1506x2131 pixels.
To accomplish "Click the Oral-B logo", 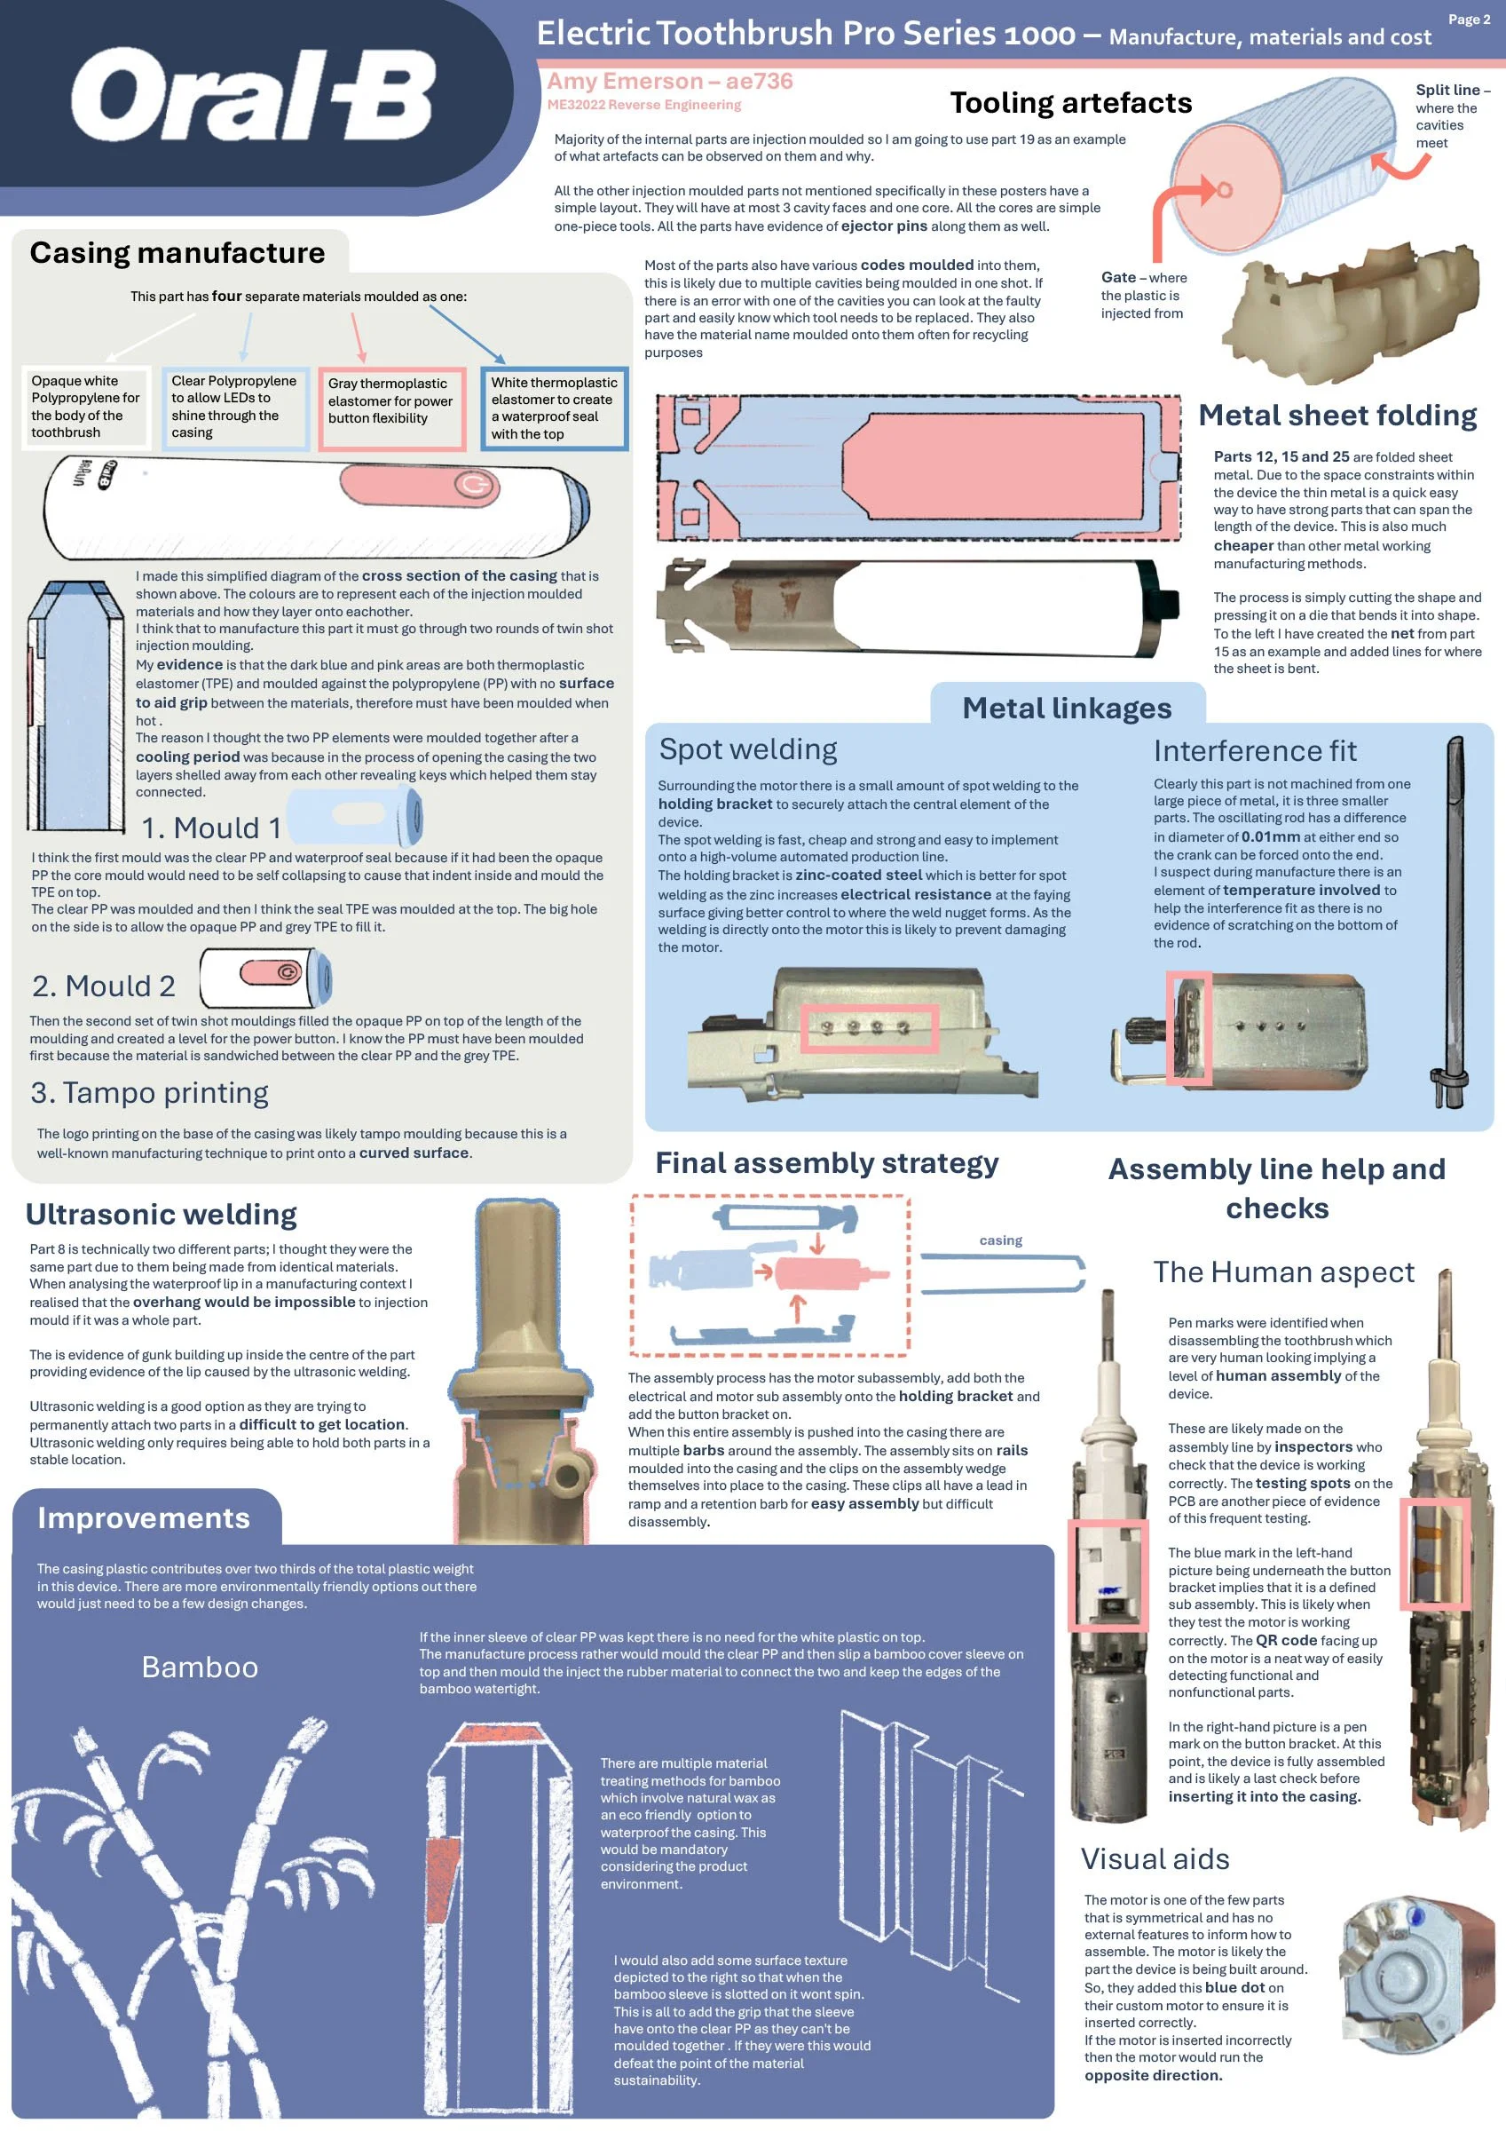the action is click(x=252, y=95).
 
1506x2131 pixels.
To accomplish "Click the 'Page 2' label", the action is click(x=1469, y=20).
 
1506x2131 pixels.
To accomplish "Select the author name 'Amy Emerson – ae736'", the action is click(x=670, y=81).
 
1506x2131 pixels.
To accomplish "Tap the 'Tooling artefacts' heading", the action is click(x=1071, y=102).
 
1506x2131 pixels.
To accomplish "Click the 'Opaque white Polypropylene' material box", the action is click(x=85, y=407).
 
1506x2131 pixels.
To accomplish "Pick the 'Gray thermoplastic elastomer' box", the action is click(x=391, y=408).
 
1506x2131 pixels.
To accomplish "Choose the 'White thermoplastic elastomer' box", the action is click(x=554, y=408).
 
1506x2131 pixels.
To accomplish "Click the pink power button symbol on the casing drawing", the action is click(x=476, y=486).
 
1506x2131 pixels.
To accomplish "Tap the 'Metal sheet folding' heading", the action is click(x=1337, y=415).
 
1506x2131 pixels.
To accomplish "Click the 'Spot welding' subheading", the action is click(x=748, y=749).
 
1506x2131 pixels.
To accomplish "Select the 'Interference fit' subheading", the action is click(x=1255, y=750).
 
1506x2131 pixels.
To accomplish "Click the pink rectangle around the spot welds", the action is click(x=870, y=1027).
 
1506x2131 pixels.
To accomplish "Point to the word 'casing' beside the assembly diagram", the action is click(x=1000, y=1240).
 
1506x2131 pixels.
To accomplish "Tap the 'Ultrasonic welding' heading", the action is click(x=162, y=1214).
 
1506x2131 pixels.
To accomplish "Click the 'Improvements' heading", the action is click(x=144, y=1517).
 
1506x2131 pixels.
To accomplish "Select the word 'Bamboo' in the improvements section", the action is click(x=200, y=1667).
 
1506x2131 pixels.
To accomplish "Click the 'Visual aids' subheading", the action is click(x=1155, y=1859).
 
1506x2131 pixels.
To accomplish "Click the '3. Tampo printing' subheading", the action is click(x=149, y=1092).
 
